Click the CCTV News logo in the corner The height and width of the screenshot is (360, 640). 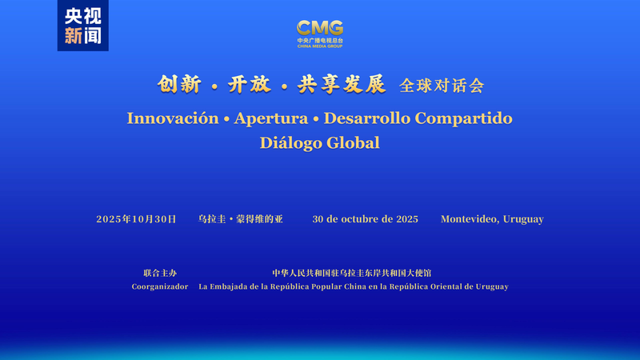pos(83,26)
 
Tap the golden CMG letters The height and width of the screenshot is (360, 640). pos(320,29)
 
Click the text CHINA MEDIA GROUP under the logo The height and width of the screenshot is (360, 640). pos(320,46)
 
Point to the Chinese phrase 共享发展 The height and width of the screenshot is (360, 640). pos(341,84)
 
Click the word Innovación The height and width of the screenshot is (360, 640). pos(172,118)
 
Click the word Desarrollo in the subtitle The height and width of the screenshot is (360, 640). pos(365,118)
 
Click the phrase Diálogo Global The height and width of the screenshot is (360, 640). pos(319,143)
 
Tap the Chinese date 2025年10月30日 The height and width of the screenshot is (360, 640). pos(136,219)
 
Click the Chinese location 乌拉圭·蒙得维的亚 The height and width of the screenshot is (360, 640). pos(240,219)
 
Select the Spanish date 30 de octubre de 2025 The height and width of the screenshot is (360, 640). pos(365,219)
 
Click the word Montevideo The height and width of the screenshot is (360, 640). pos(469,219)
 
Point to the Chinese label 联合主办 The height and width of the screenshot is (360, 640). pos(160,274)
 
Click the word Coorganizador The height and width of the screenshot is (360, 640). pos(160,286)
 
